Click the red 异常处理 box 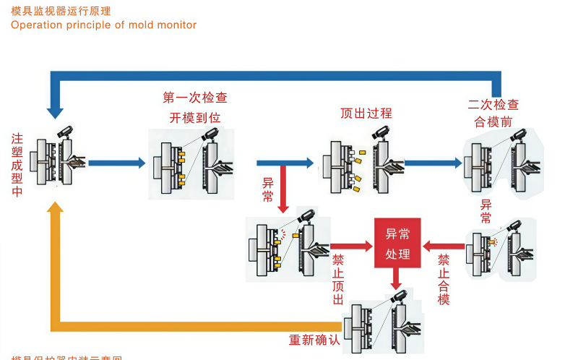click(x=397, y=243)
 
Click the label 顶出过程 click(x=366, y=113)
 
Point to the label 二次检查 click(x=493, y=105)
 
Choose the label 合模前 click(x=493, y=121)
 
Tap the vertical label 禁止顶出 click(x=337, y=278)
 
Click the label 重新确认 click(x=314, y=340)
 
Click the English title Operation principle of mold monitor click(x=103, y=25)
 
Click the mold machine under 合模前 click(x=499, y=164)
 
